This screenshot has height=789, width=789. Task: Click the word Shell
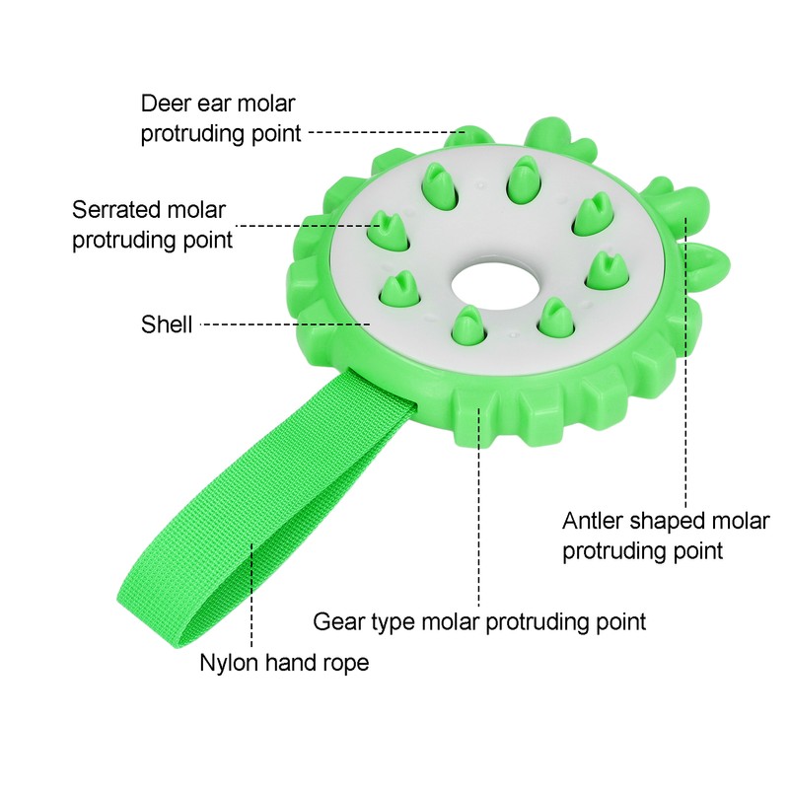167,324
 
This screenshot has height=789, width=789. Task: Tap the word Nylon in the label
229,664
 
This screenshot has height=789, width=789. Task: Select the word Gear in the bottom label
338,622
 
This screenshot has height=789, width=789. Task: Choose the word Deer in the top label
165,104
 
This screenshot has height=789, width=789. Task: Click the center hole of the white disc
496,285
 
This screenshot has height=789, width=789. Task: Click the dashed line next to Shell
285,324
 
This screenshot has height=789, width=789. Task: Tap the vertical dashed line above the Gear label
478,508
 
